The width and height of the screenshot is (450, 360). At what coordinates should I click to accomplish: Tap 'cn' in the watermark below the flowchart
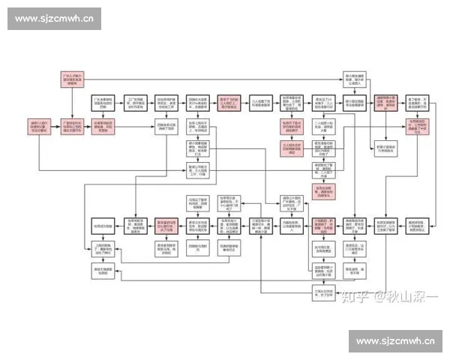(x=429, y=342)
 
